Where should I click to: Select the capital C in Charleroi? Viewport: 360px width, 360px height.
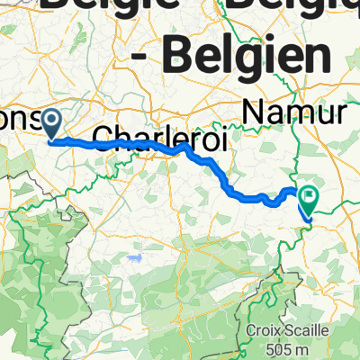click(122, 136)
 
